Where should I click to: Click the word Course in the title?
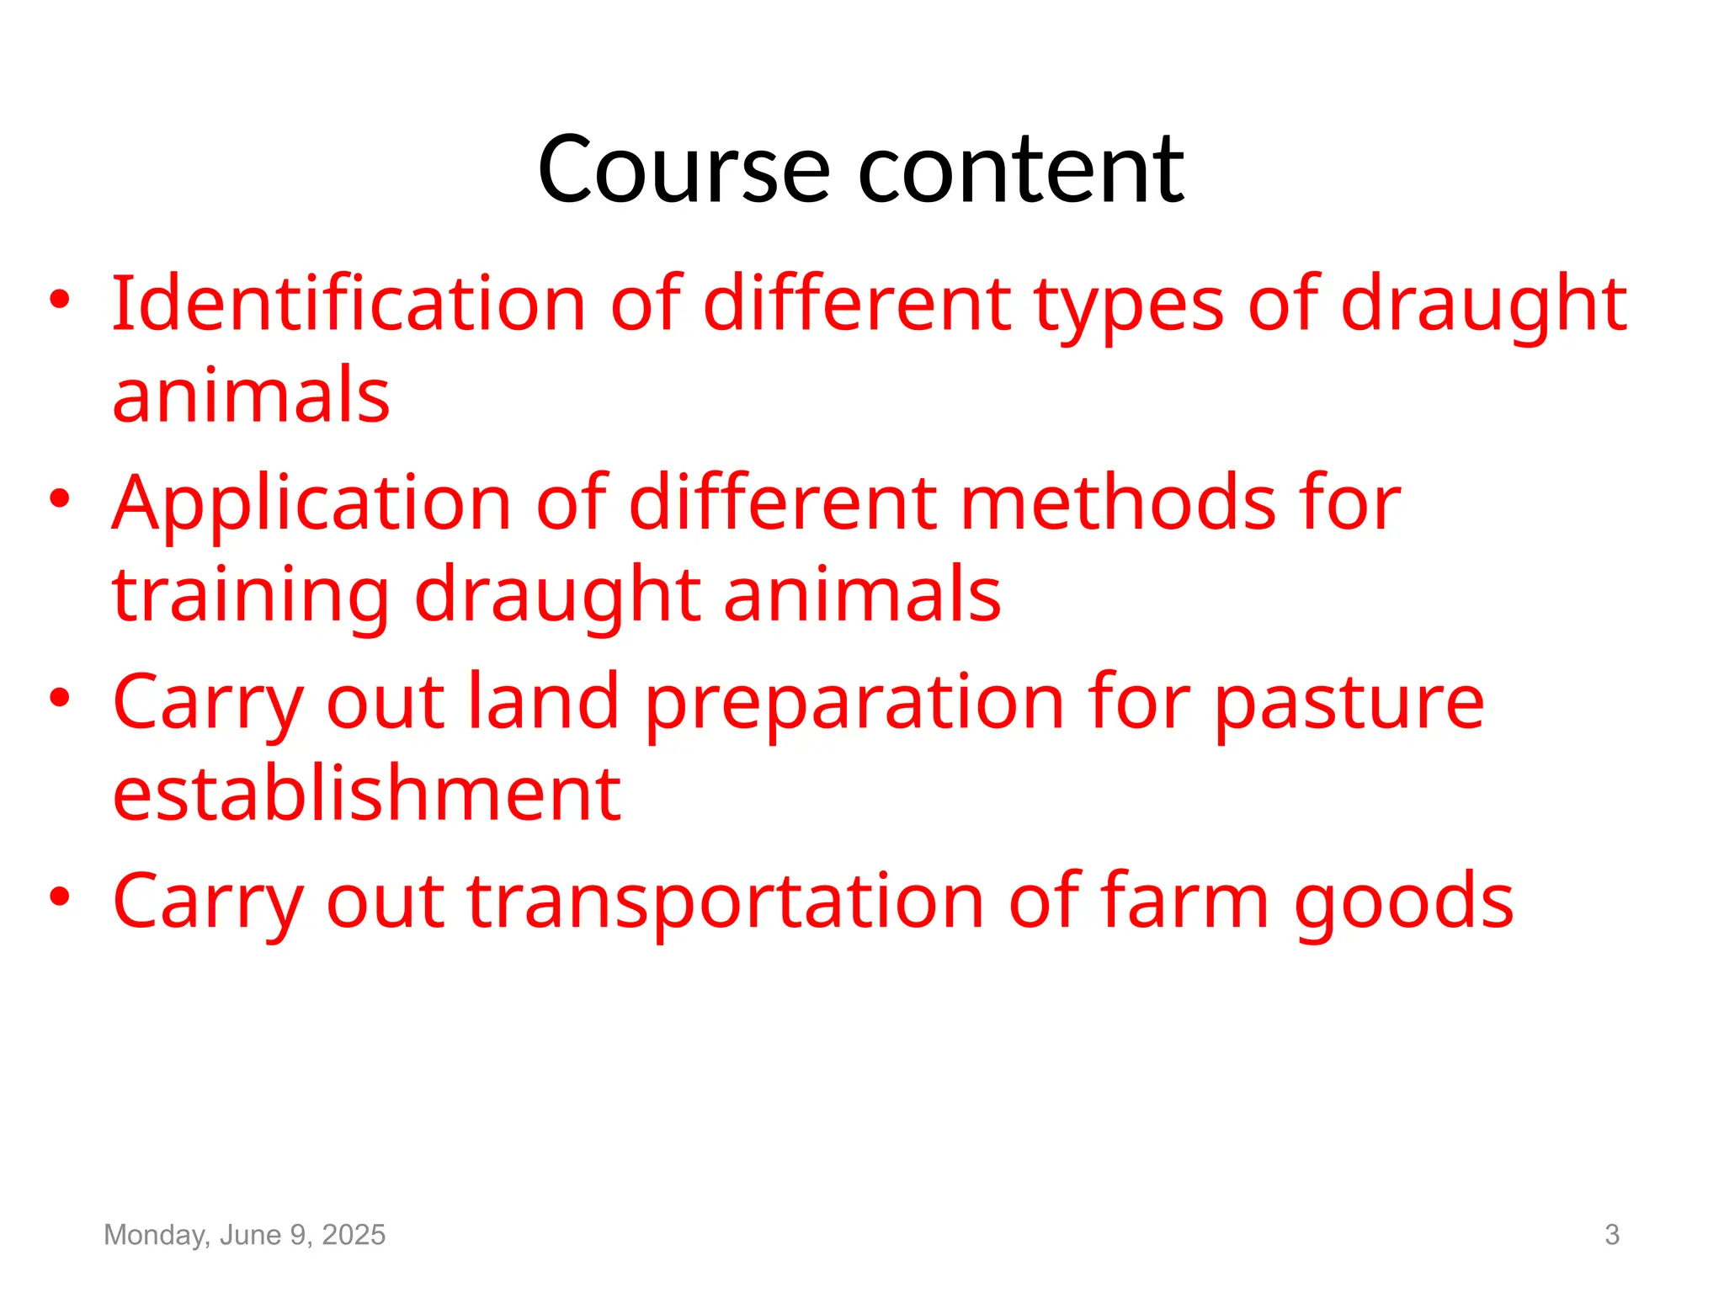click(x=684, y=170)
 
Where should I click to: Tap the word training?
click(x=251, y=596)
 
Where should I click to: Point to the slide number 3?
click(x=1611, y=1235)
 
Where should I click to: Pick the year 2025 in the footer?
click(x=354, y=1235)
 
